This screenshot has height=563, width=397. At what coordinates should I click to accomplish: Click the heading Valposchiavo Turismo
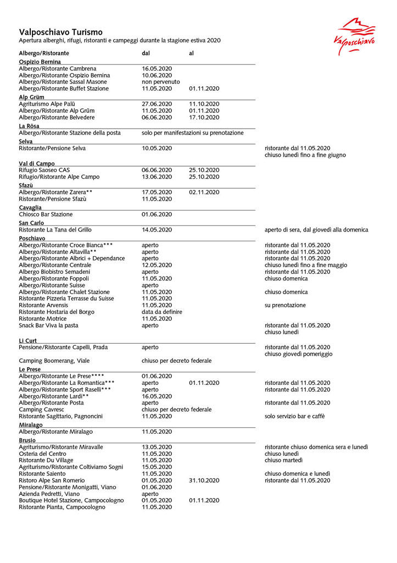(60, 32)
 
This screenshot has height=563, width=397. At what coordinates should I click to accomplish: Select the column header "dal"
(147, 53)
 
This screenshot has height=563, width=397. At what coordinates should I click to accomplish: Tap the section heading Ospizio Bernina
(40, 62)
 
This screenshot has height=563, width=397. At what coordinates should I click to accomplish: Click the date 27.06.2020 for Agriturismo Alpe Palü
(157, 104)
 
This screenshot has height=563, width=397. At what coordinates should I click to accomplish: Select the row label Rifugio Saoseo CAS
(44, 170)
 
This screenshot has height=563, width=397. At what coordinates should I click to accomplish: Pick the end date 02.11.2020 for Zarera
(204, 192)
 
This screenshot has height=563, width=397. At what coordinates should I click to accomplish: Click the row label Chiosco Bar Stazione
(46, 214)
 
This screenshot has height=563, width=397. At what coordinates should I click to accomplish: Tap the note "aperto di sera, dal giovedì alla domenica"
(316, 230)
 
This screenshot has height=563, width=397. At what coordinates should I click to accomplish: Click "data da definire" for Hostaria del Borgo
(162, 312)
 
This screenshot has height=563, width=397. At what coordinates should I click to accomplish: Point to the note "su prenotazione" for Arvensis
(285, 305)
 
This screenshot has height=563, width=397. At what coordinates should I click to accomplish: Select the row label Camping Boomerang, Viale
(54, 361)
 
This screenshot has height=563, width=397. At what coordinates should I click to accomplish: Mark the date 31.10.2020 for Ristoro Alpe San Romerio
(204, 481)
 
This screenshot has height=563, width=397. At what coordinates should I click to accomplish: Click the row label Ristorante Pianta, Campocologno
(62, 507)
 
